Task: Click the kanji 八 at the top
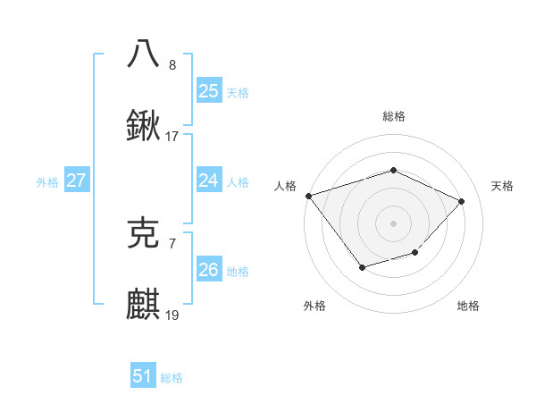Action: coord(144,53)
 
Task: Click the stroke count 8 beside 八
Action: coord(172,64)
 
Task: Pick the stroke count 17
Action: coord(172,137)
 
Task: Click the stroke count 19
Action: coord(172,316)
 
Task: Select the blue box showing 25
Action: coord(208,90)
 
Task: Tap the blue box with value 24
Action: coord(208,181)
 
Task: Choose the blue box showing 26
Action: coord(208,270)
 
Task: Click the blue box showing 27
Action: coord(76,181)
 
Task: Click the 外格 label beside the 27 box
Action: coord(47,182)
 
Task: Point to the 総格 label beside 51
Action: coord(172,378)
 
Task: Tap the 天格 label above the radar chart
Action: coord(502,186)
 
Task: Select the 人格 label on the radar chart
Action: coord(285,186)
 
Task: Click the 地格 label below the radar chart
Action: coord(468,306)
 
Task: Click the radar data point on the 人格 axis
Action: coord(308,196)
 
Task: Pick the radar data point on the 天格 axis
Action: coord(461,201)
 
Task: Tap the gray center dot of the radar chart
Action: coord(393,223)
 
